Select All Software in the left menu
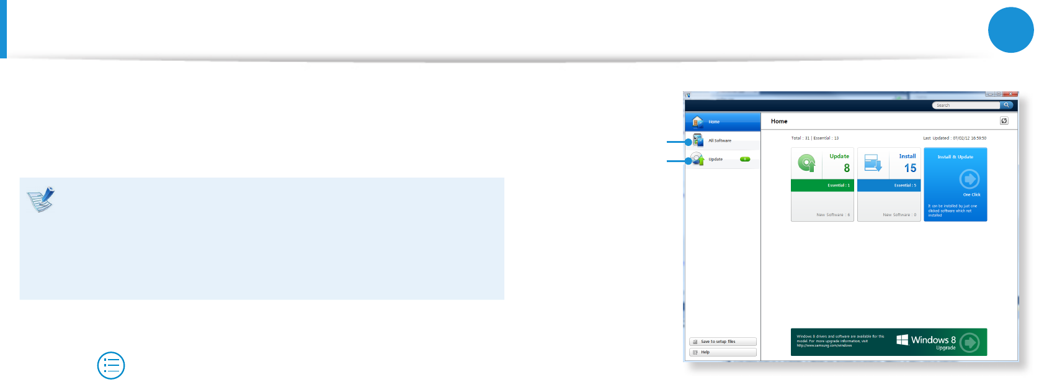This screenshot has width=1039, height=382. (x=720, y=140)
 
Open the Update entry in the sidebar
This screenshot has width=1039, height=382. (x=715, y=160)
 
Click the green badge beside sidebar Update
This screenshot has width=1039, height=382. (x=745, y=159)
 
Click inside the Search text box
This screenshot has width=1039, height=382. (x=965, y=106)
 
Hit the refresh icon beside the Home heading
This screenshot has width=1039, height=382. (x=1004, y=121)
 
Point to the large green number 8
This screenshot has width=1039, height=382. (x=847, y=168)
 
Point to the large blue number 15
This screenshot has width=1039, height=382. (x=910, y=168)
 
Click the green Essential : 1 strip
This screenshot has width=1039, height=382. (x=823, y=185)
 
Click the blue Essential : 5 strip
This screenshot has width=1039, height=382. (x=889, y=185)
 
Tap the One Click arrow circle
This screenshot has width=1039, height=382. (x=969, y=180)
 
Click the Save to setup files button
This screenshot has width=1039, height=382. (x=723, y=342)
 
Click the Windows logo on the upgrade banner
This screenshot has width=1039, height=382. (x=903, y=340)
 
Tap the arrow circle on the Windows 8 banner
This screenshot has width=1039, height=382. (x=969, y=342)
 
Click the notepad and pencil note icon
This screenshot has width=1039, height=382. (x=41, y=199)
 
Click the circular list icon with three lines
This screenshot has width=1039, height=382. (x=111, y=366)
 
